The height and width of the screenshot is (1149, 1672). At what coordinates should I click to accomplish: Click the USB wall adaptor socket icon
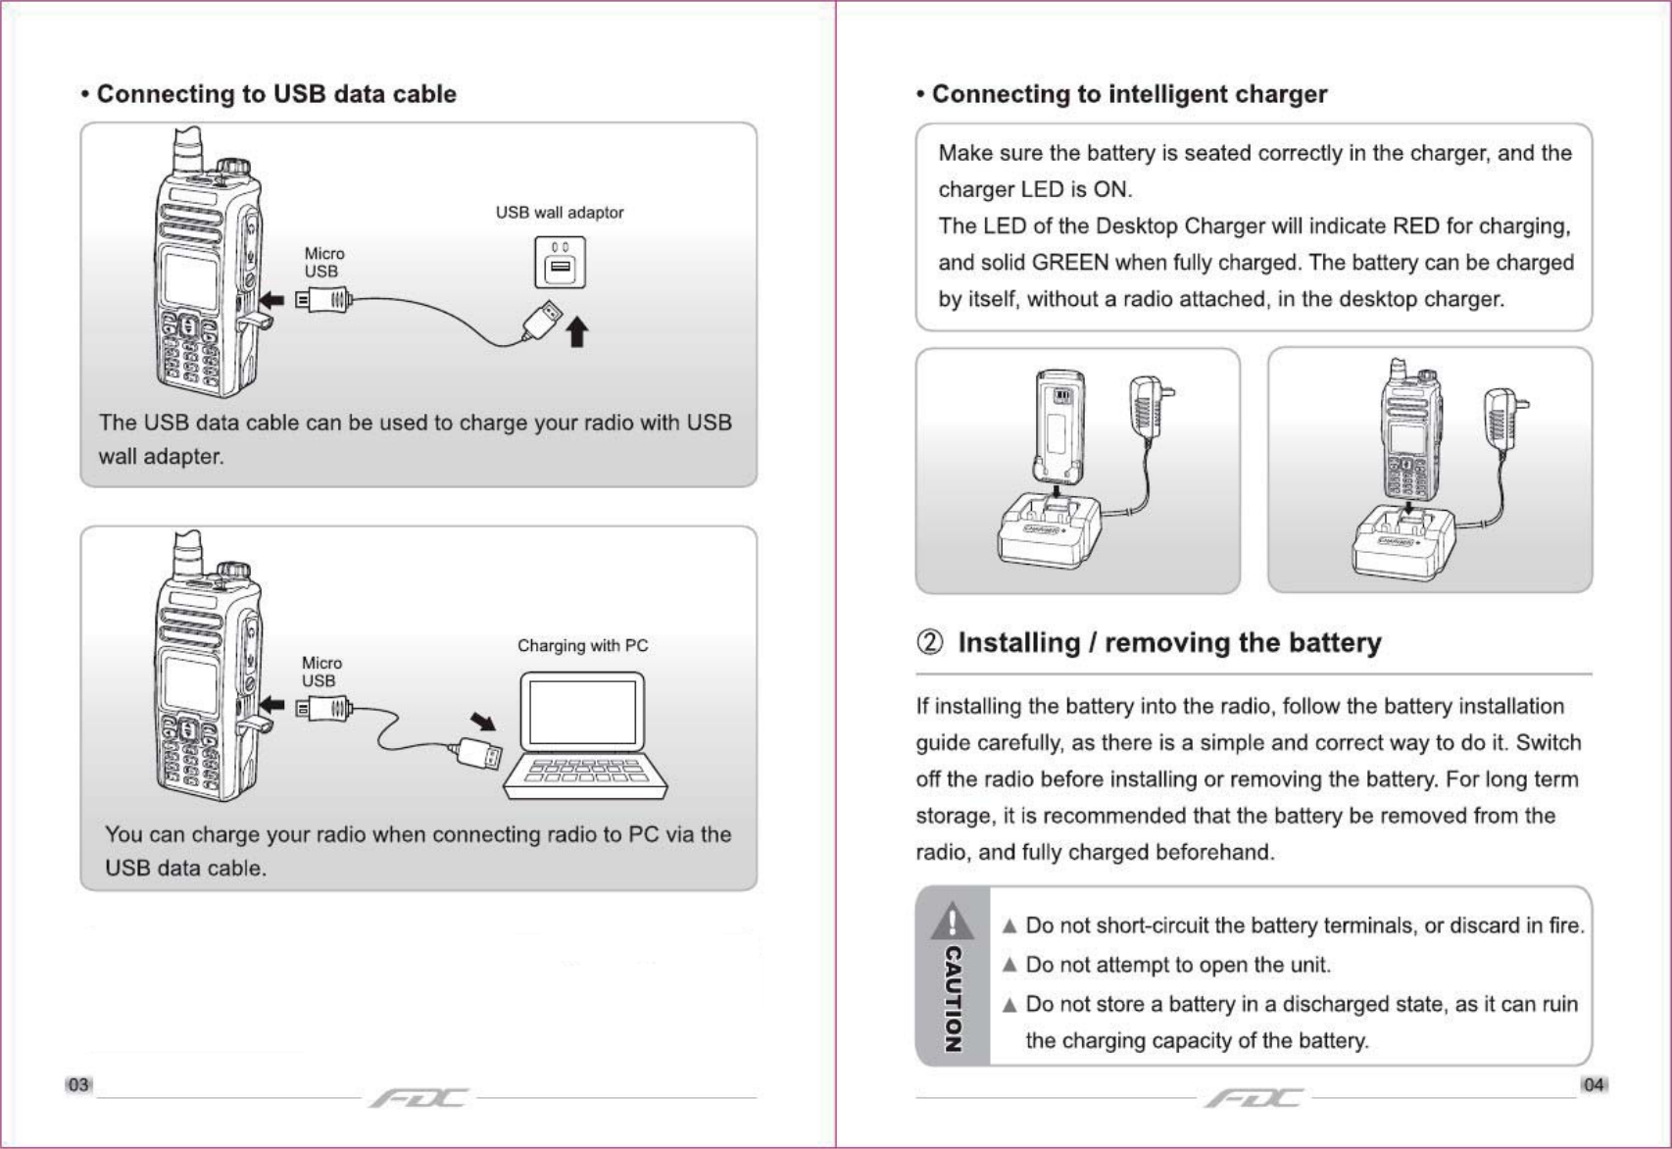coord(560,263)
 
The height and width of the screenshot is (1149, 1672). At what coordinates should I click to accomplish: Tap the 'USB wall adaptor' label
coord(559,213)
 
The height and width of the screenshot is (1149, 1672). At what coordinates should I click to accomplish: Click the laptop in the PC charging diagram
coord(584,735)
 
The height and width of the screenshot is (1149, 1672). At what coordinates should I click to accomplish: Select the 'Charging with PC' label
coord(582,646)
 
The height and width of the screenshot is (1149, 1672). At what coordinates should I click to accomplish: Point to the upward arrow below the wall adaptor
coord(577,331)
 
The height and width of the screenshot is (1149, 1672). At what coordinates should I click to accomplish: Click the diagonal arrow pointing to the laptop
coord(483,723)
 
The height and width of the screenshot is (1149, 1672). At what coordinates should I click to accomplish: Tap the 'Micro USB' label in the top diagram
coord(323,263)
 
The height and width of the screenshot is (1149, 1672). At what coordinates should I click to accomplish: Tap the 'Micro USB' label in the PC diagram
coord(320,672)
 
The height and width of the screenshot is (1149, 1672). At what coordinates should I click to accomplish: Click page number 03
coord(78,1084)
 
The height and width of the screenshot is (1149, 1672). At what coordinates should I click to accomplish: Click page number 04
coord(1594,1084)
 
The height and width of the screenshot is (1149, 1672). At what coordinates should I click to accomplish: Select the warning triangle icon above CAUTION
coord(952,921)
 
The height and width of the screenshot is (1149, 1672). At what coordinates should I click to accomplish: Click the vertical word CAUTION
coord(952,998)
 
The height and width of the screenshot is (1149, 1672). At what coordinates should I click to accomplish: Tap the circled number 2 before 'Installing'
coord(930,643)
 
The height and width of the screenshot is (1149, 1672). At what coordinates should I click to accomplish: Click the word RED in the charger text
coord(1415,226)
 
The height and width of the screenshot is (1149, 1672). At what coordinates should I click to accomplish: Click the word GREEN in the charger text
coord(1070,263)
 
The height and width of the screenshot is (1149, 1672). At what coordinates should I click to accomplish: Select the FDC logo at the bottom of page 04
coord(1254,1097)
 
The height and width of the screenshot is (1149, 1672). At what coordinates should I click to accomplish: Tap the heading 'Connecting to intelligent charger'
coord(1128,94)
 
